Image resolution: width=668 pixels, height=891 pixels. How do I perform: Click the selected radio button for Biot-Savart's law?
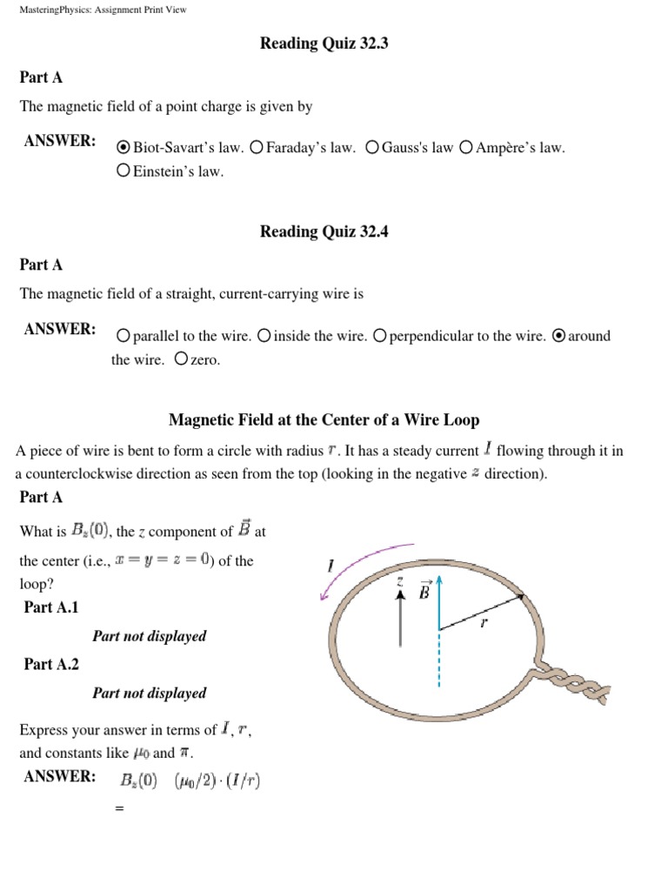(124, 148)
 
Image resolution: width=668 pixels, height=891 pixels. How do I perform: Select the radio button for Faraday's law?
(256, 148)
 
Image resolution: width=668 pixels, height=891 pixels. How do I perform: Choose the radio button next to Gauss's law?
(372, 148)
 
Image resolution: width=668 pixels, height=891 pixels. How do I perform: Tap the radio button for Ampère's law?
(466, 148)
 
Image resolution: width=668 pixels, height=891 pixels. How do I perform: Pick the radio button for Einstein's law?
(124, 171)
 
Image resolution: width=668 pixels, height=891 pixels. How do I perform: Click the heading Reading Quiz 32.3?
(324, 44)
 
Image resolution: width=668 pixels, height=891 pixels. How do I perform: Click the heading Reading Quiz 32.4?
(324, 231)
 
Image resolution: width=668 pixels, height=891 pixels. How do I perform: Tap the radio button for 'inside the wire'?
(264, 336)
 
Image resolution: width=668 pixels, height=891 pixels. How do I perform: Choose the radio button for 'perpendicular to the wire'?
(379, 336)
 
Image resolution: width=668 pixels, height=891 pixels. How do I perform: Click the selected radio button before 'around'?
(559, 336)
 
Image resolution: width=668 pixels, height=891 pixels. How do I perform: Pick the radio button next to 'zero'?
(181, 359)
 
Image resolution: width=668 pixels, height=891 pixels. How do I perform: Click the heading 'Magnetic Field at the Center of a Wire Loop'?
(324, 420)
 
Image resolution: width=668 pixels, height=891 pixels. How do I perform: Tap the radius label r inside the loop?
(484, 623)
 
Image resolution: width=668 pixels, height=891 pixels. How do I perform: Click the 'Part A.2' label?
(51, 664)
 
